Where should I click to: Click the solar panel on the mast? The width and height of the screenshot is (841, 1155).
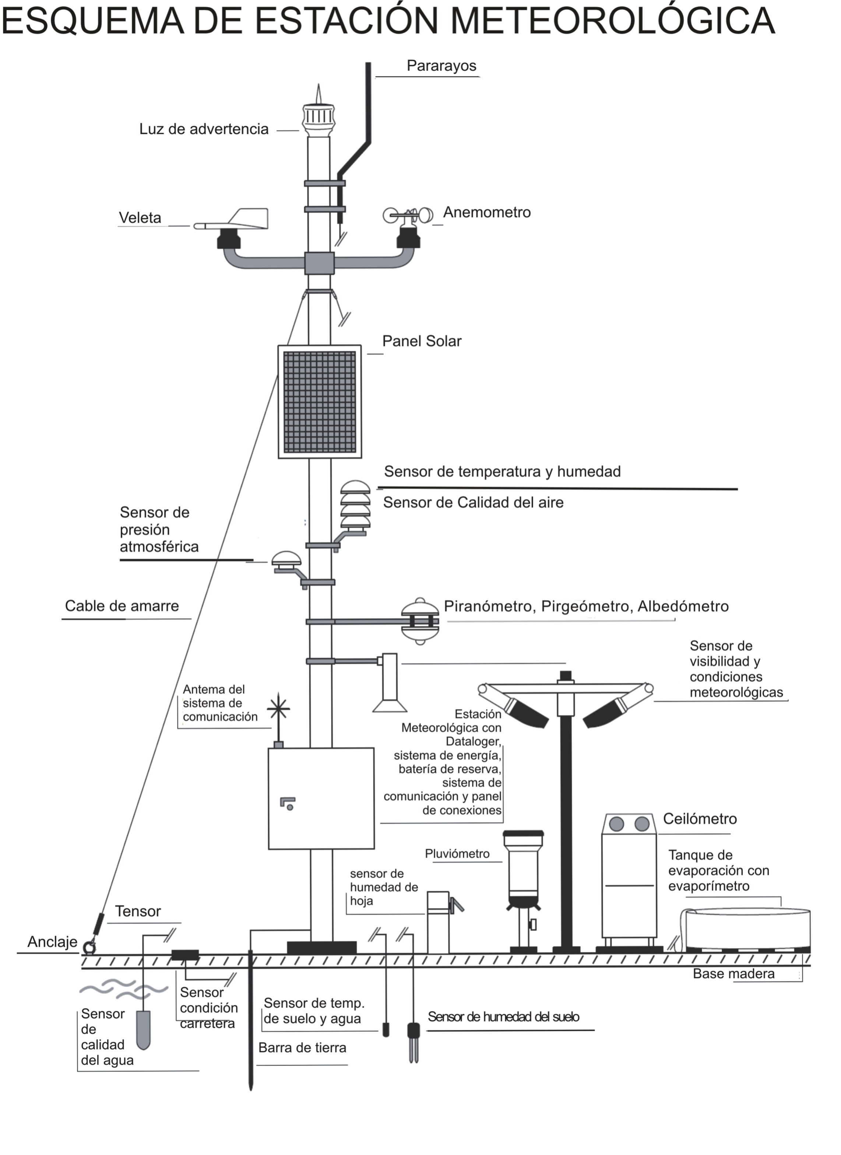pos(320,401)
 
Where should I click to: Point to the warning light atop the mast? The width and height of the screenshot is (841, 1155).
pos(319,117)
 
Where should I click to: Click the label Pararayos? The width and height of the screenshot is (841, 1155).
pos(441,66)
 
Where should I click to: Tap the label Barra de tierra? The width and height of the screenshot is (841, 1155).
pos(302,1047)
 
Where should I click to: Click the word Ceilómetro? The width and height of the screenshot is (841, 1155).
pos(700,819)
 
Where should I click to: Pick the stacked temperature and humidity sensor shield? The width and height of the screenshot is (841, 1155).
pos(355,507)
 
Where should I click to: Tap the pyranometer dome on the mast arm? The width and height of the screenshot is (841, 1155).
pos(420,621)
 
